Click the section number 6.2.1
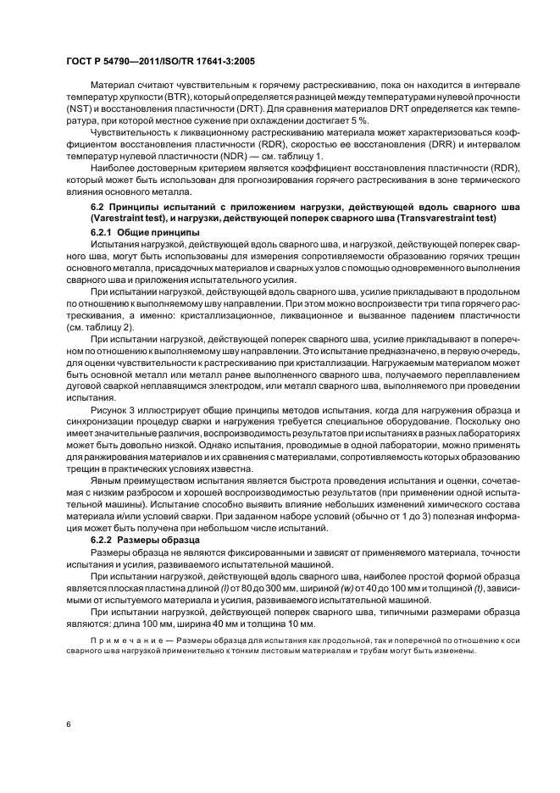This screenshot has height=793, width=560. (x=103, y=232)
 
